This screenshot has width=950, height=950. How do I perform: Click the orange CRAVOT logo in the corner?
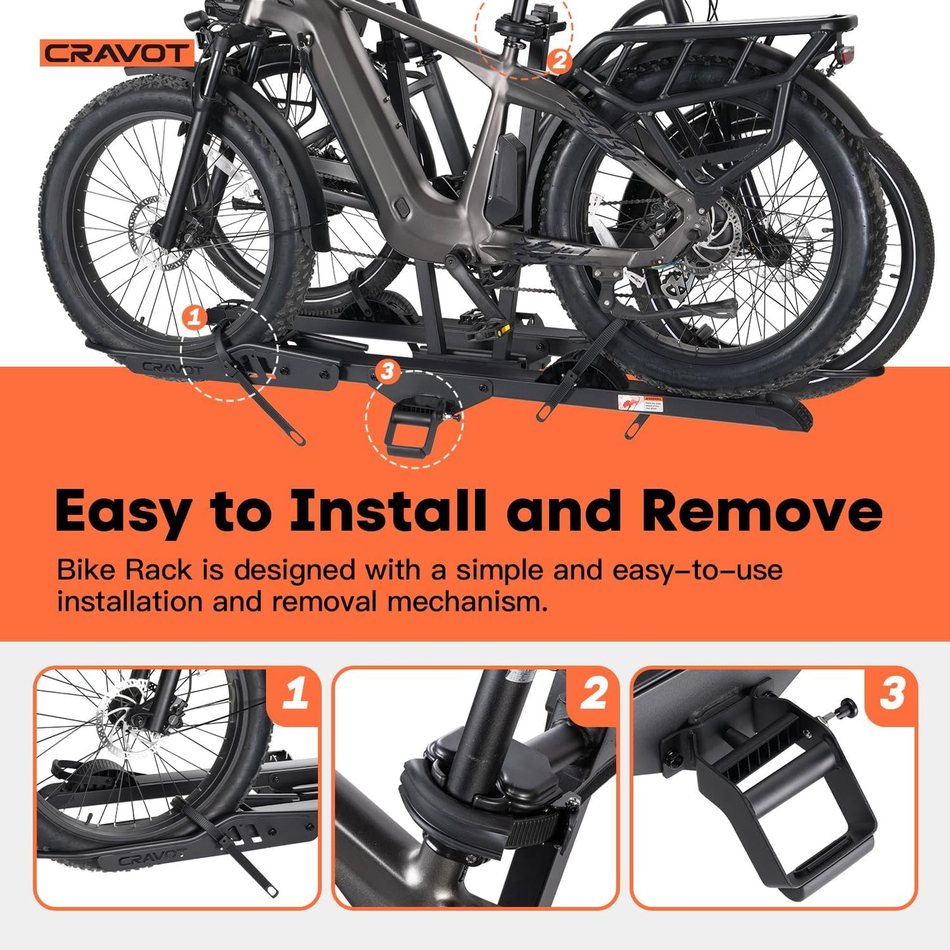(116, 53)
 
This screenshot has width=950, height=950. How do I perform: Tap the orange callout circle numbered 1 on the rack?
(193, 318)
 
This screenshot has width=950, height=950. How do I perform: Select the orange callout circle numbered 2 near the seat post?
(558, 61)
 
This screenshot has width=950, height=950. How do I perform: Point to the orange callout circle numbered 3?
(387, 371)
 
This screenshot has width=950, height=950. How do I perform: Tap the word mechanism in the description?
(467, 601)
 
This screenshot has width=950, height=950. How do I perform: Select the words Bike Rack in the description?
(124, 569)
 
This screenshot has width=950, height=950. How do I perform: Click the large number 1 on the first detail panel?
(295, 694)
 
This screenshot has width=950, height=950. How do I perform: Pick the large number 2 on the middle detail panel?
(594, 694)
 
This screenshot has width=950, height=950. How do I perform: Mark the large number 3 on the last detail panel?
(892, 694)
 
